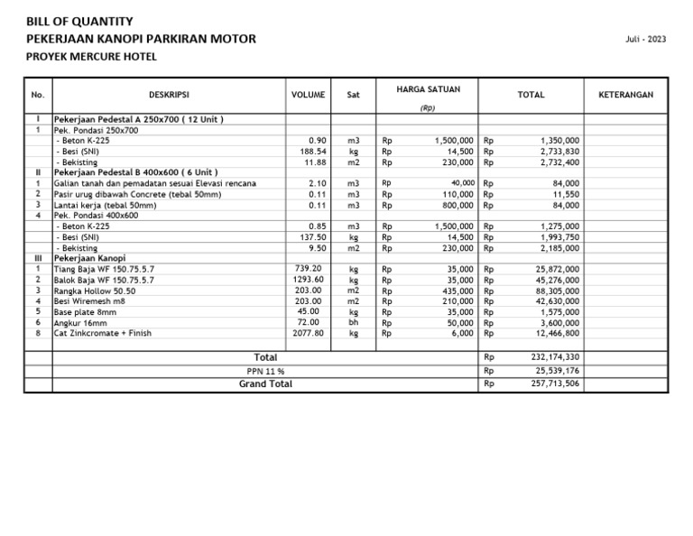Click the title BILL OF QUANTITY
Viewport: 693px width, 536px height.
pos(79,21)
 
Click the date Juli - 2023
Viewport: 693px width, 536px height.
pos(645,40)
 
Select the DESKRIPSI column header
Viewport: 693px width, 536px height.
pos(169,95)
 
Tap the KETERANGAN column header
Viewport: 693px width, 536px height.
pos(625,95)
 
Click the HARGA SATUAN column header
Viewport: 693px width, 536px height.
pos(429,89)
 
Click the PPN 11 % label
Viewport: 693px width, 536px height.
pos(265,371)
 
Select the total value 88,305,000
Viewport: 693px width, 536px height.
pos(558,291)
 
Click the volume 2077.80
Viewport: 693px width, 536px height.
pos(309,333)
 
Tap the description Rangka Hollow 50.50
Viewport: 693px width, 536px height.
pos(96,291)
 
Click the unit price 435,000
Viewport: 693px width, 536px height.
pos(457,291)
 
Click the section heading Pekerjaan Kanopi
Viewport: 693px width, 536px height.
pos(90,258)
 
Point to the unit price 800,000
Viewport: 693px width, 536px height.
pos(457,205)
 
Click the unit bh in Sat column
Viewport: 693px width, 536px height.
pos(353,322)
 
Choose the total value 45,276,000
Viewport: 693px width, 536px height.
pos(558,280)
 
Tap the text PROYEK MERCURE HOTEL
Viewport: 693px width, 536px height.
pos(91,57)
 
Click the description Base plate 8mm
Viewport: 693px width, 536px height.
pos(87,311)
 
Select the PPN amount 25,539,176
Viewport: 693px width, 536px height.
pos(557,371)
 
